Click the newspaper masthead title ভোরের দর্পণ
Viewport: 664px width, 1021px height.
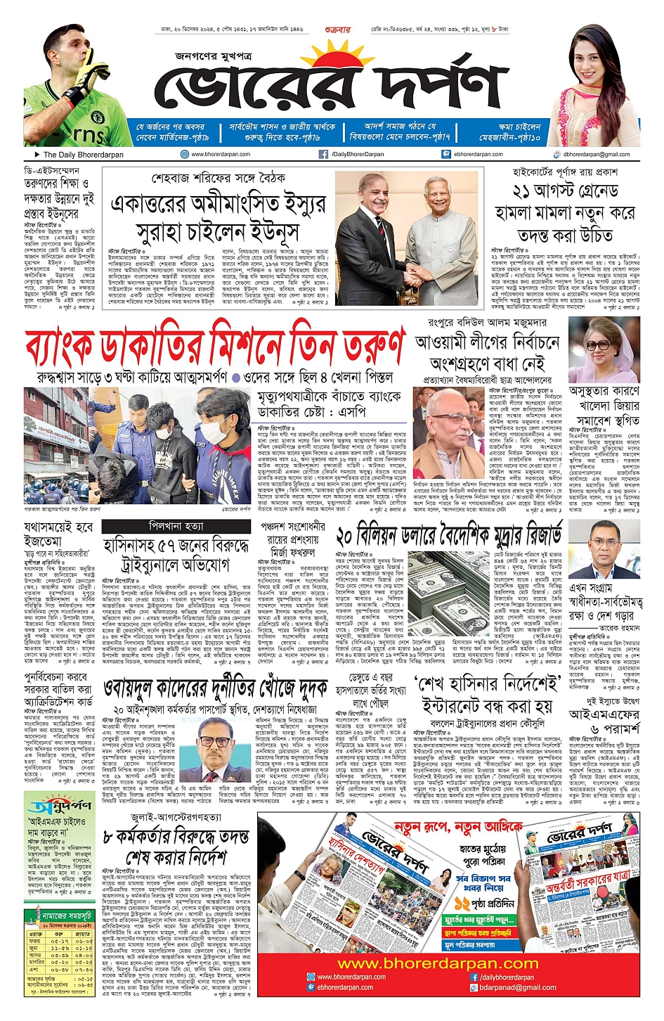point(330,88)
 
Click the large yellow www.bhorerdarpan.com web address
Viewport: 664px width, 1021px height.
point(447,963)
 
